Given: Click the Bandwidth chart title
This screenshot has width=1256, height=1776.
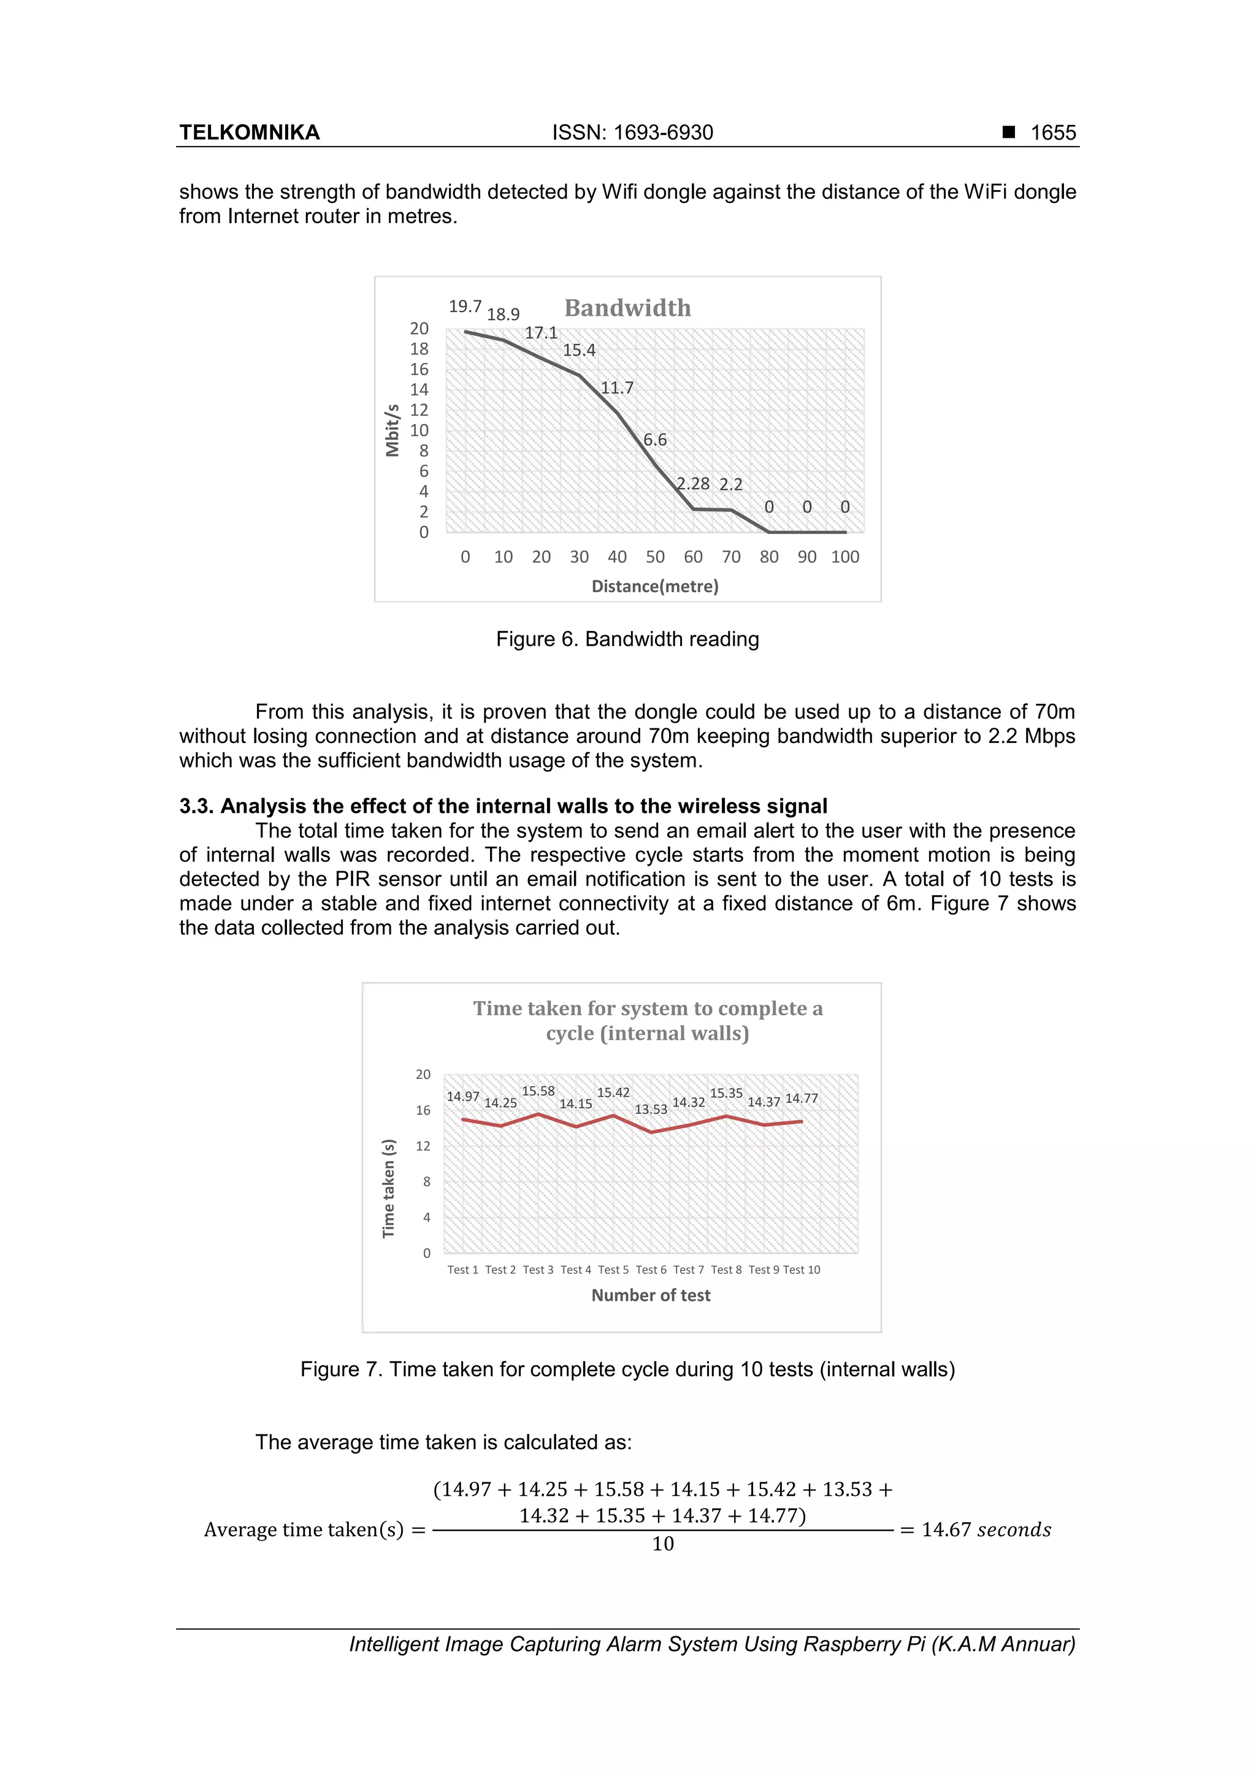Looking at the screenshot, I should (627, 308).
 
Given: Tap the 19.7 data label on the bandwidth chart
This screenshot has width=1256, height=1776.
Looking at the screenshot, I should (464, 307).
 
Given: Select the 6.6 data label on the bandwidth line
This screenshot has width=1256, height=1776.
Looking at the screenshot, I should (655, 440).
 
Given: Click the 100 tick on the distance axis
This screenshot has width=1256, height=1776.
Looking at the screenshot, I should (844, 557).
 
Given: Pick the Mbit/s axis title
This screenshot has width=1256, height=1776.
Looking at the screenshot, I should (392, 430).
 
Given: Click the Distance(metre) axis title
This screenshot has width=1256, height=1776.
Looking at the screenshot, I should (655, 586).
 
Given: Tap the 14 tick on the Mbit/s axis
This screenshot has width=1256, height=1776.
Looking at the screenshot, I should (419, 390).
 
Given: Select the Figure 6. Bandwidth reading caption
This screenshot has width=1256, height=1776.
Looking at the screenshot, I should (627, 639).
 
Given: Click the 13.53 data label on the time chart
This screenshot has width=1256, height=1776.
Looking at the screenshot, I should (650, 1109).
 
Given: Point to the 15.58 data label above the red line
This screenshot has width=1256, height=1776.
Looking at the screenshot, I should (538, 1091).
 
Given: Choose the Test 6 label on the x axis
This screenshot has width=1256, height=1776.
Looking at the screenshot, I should (650, 1270).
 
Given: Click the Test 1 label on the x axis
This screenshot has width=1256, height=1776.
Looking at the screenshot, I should (463, 1270).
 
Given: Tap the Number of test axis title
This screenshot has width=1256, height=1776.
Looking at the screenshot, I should (650, 1295).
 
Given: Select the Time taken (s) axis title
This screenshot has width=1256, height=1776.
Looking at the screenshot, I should (388, 1188).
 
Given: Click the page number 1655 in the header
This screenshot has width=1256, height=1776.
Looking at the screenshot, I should (1052, 133).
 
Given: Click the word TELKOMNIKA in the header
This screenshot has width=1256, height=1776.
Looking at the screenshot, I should (249, 133).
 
